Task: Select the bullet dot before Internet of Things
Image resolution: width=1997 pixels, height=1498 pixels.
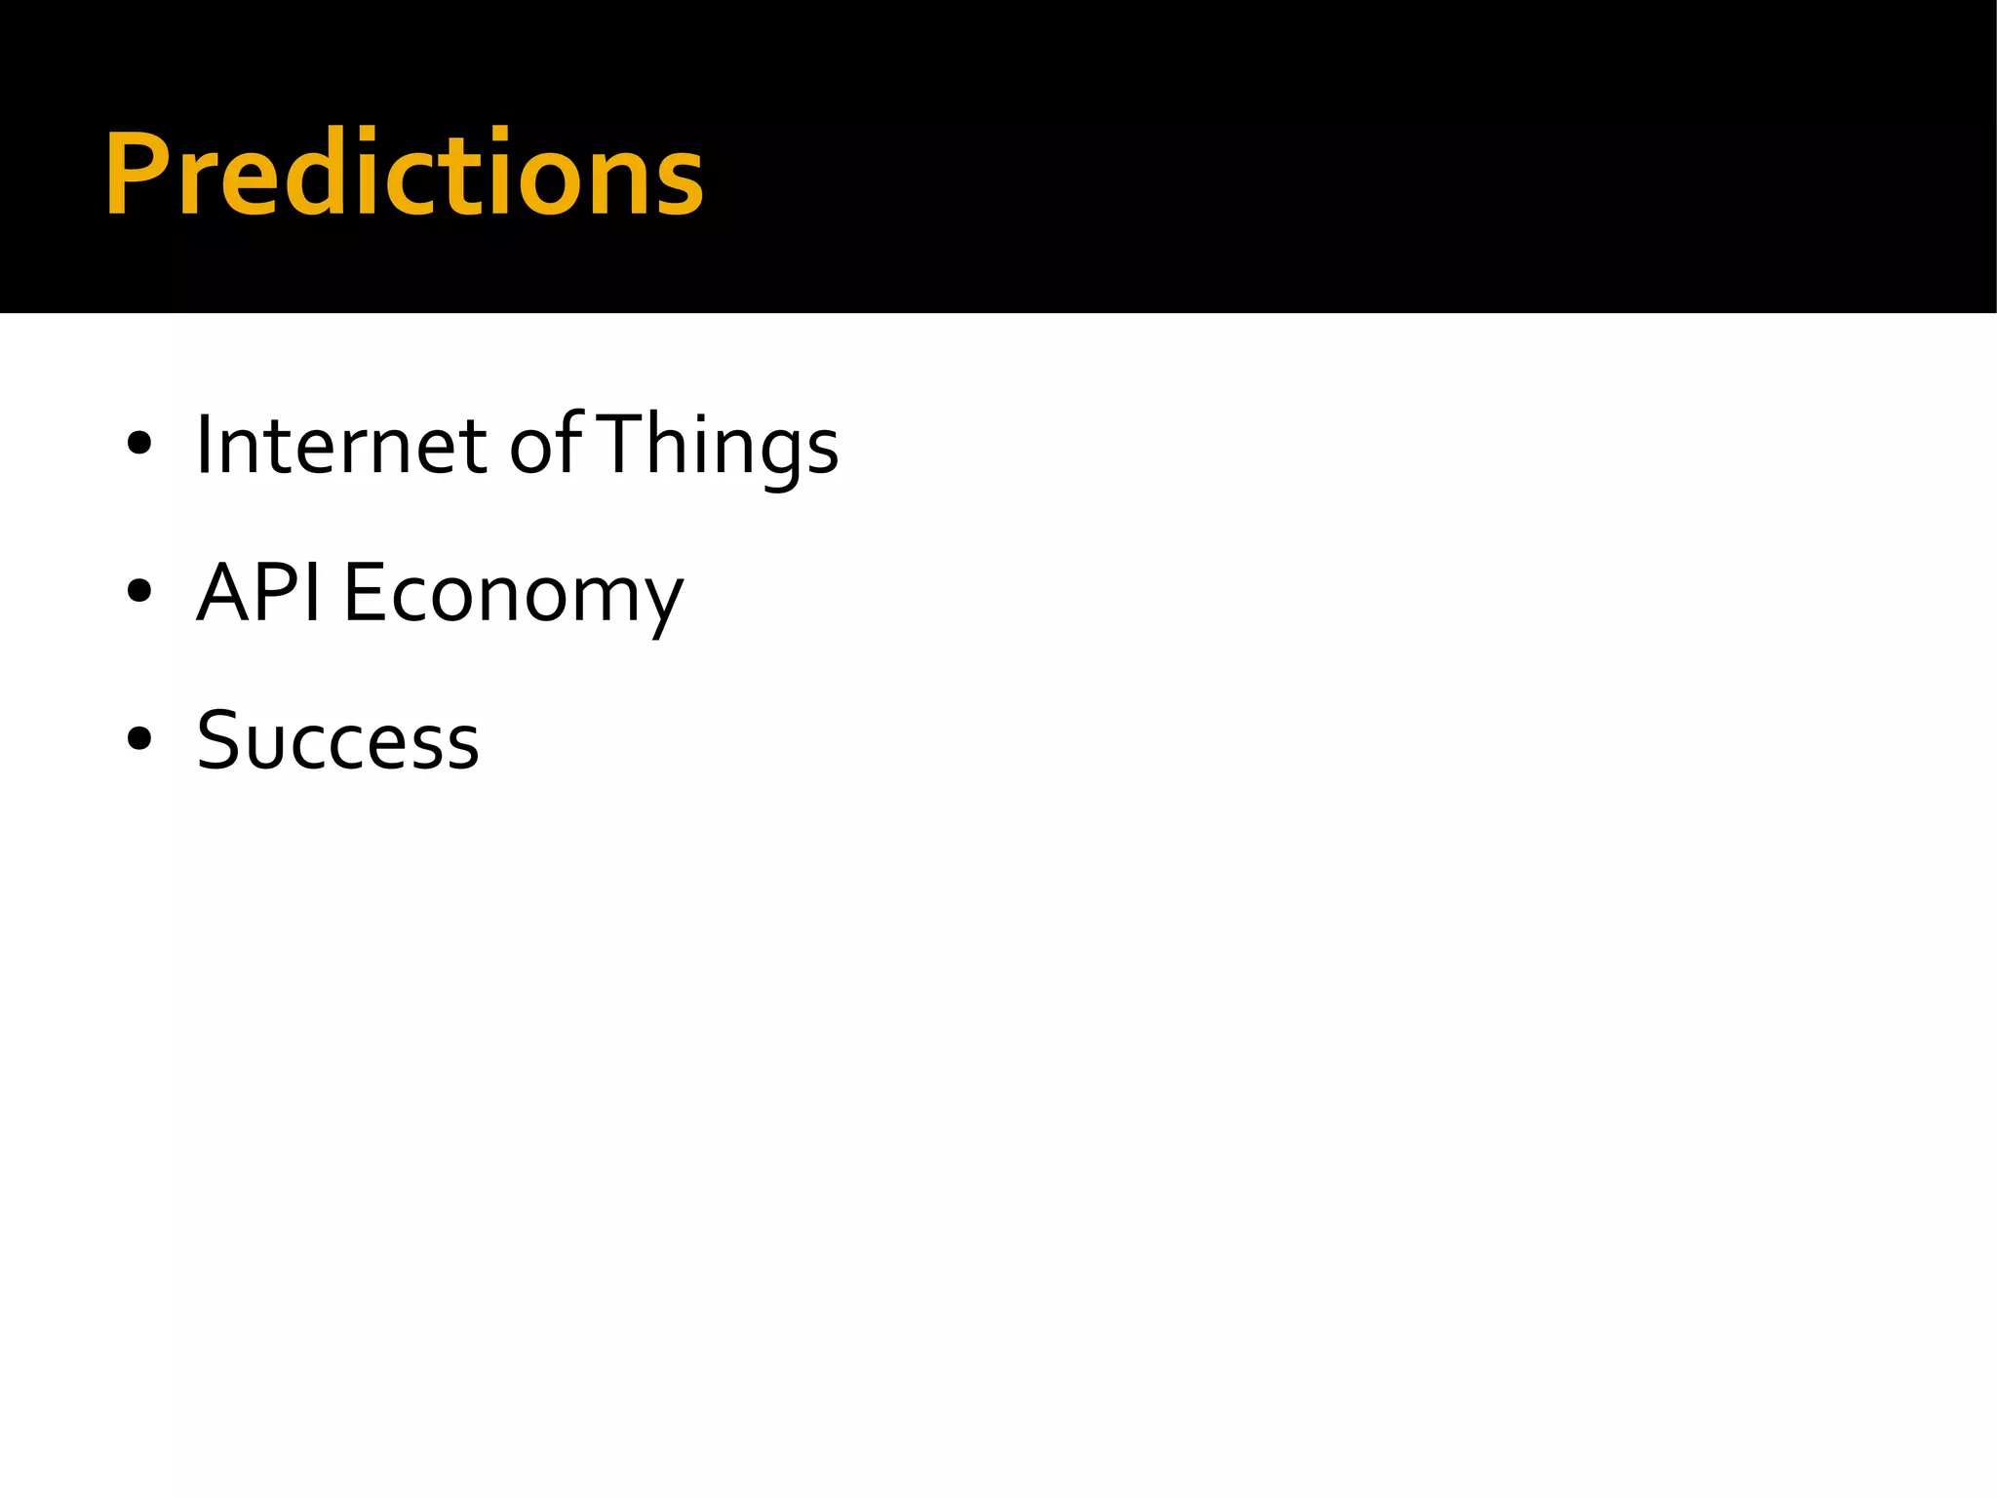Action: [x=139, y=445]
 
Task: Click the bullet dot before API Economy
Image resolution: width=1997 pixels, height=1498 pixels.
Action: [x=139, y=592]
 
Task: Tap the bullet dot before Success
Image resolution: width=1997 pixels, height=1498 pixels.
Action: [x=139, y=739]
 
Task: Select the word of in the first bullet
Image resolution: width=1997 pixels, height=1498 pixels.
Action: [x=544, y=446]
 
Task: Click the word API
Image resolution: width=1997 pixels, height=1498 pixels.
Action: [x=258, y=592]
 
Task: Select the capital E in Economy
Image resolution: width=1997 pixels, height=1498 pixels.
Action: [x=365, y=592]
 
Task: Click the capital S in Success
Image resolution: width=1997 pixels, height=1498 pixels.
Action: [x=220, y=739]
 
